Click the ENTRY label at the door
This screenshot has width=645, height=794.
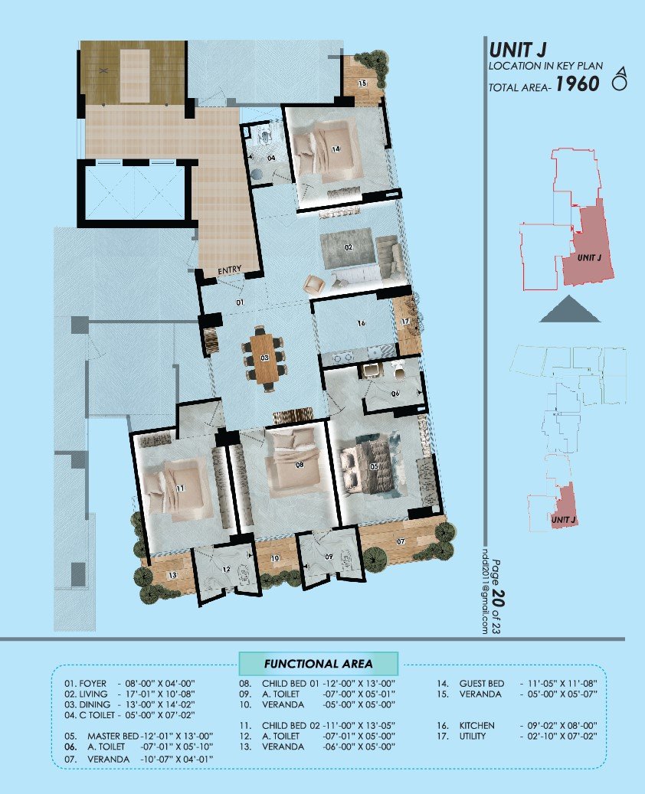(230, 270)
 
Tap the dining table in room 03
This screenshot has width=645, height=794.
(264, 357)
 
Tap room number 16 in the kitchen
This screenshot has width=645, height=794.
(360, 324)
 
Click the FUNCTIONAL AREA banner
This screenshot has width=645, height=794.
(318, 663)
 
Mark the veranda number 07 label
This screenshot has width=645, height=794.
(400, 541)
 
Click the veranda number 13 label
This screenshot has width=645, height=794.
(172, 574)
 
